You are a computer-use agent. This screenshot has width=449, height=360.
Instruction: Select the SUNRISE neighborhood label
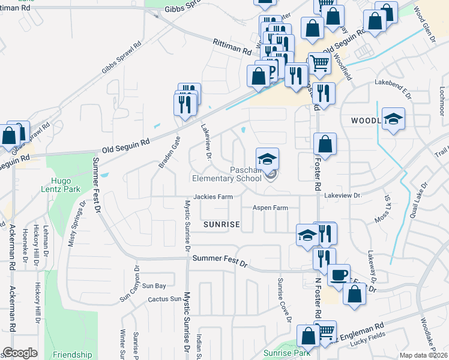click(221, 224)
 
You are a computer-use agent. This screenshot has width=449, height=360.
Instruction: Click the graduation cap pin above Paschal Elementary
click(268, 159)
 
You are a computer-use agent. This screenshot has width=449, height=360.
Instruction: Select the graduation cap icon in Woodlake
click(393, 119)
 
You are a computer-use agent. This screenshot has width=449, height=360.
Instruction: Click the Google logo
click(20, 353)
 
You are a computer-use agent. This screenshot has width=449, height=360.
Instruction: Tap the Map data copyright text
click(423, 355)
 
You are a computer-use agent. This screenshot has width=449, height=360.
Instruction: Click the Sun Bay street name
click(154, 286)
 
